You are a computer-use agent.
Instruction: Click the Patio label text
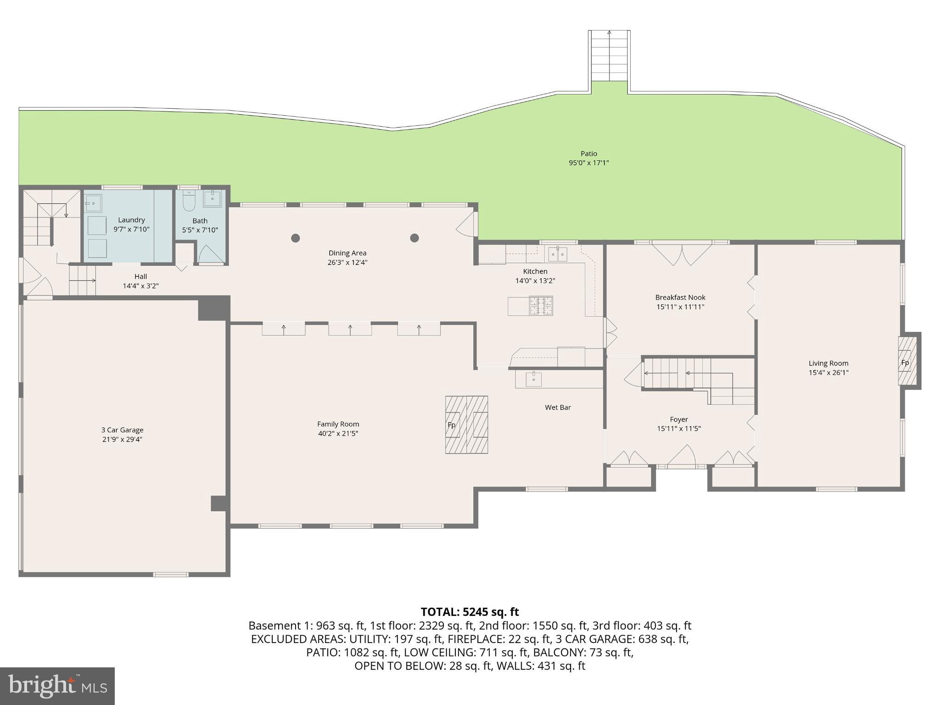[x=588, y=153]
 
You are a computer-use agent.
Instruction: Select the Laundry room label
[x=131, y=220]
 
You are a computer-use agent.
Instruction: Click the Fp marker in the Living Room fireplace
[x=905, y=363]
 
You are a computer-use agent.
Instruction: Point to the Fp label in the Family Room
[x=452, y=425]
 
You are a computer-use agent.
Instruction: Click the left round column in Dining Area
[x=296, y=238]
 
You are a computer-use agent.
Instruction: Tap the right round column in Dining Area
[x=414, y=238]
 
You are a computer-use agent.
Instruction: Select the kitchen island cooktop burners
[x=541, y=306]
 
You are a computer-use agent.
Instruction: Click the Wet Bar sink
[x=533, y=379]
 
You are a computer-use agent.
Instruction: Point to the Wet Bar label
[x=558, y=407]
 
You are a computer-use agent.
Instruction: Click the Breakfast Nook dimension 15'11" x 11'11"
[x=680, y=307]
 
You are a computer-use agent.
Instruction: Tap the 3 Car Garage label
[x=122, y=430]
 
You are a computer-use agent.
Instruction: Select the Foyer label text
[x=678, y=419]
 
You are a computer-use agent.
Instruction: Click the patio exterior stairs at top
[x=609, y=55]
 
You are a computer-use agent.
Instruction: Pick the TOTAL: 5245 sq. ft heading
[x=470, y=612]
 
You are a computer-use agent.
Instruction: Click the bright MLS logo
[x=57, y=686]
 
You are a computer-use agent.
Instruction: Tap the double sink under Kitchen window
[x=558, y=253]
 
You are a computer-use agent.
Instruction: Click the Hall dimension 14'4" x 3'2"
[x=140, y=286]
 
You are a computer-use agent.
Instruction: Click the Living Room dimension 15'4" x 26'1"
[x=828, y=373]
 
